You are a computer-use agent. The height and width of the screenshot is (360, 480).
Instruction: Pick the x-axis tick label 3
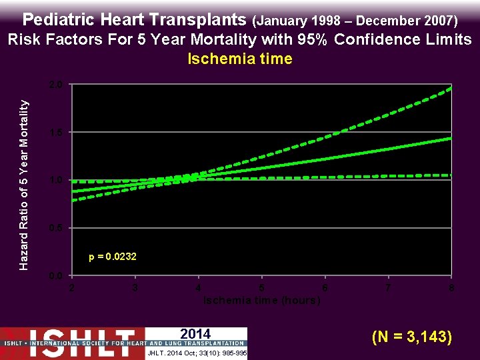point(135,288)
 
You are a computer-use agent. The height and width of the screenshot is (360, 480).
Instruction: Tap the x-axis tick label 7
point(388,288)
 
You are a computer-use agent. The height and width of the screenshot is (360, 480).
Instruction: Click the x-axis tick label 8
point(451,288)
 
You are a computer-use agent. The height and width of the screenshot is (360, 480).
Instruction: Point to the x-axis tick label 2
point(71,288)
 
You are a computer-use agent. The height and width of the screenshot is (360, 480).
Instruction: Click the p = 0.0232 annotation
point(113,257)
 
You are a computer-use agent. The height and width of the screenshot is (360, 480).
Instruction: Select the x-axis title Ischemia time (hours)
point(261,300)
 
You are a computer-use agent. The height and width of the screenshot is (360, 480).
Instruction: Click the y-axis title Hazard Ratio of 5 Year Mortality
point(24,185)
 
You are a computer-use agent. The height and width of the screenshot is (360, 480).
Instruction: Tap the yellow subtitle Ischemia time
point(240,59)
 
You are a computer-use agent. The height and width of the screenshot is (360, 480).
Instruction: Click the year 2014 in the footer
point(195,334)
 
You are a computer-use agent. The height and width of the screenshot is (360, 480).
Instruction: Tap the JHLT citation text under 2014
point(195,353)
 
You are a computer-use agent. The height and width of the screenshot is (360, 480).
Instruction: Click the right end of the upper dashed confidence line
point(451,87)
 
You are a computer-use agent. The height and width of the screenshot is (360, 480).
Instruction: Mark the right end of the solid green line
point(451,138)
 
